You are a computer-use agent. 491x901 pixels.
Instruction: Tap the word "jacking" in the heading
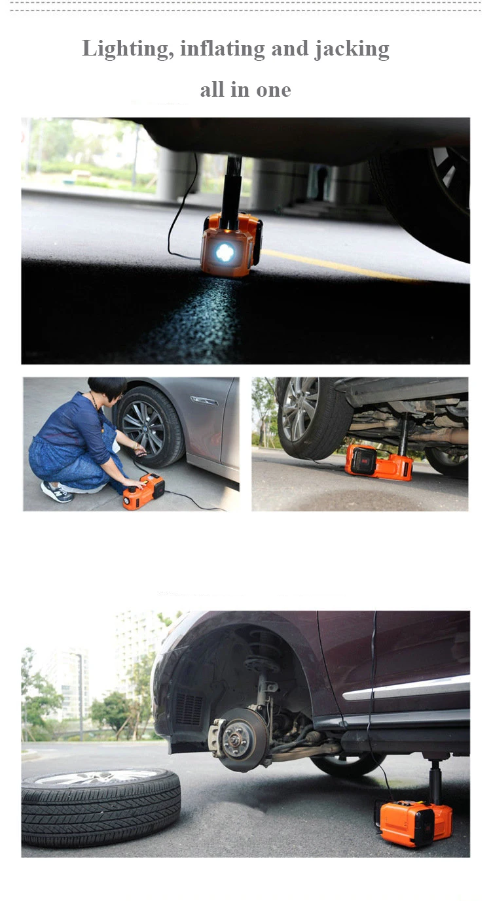pyautogui.click(x=352, y=50)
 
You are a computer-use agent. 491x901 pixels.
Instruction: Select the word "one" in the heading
pyautogui.click(x=274, y=90)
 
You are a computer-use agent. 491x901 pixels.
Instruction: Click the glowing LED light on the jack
pyautogui.click(x=225, y=253)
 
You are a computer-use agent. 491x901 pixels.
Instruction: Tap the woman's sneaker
pyautogui.click(x=56, y=492)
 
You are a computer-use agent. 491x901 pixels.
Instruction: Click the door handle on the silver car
pyautogui.click(x=204, y=400)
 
